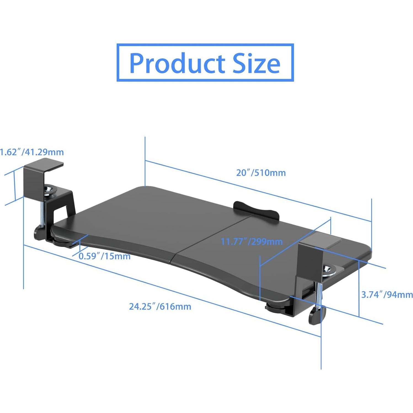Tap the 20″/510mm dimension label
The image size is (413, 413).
261,173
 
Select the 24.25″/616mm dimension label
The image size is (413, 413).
160,306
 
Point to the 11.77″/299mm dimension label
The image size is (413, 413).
252,242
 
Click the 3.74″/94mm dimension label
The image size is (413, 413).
387,295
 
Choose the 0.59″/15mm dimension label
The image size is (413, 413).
105,256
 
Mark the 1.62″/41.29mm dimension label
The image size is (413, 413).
32,152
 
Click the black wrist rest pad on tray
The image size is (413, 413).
255,209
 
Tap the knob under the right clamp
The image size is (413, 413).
317,316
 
